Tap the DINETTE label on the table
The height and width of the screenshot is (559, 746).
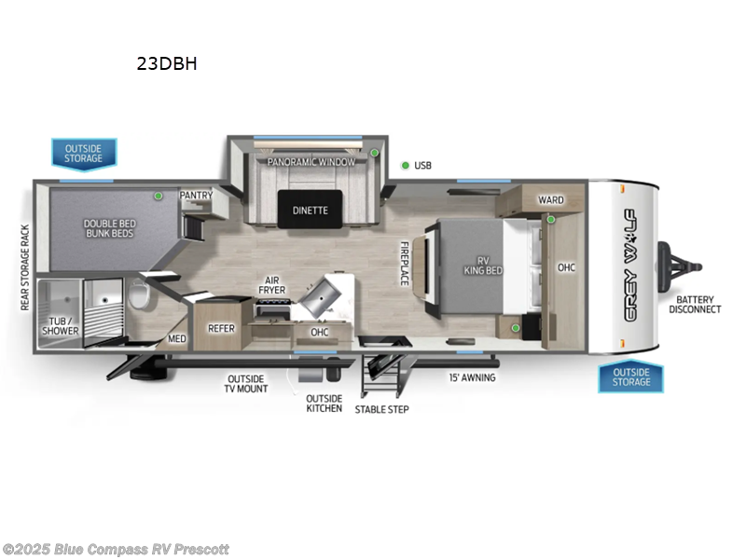[x=310, y=210]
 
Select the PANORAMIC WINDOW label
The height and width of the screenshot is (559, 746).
[x=311, y=162]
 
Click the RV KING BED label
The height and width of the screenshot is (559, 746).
[x=483, y=265]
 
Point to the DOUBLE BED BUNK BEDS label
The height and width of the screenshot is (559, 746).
[x=108, y=227]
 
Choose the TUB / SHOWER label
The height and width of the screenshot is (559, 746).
[x=64, y=327]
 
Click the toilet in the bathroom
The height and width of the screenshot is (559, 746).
[x=141, y=295]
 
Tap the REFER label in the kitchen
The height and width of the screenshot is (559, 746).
[x=221, y=328]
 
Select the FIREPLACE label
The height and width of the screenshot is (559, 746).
[x=405, y=264]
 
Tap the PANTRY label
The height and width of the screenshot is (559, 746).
[x=197, y=195]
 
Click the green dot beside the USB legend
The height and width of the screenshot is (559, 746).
[x=405, y=165]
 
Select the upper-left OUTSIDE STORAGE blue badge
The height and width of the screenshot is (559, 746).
[x=84, y=153]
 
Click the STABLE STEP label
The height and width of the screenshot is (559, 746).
[x=380, y=409]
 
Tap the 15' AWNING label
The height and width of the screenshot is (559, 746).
[x=473, y=377]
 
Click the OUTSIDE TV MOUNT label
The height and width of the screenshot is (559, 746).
[x=246, y=384]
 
